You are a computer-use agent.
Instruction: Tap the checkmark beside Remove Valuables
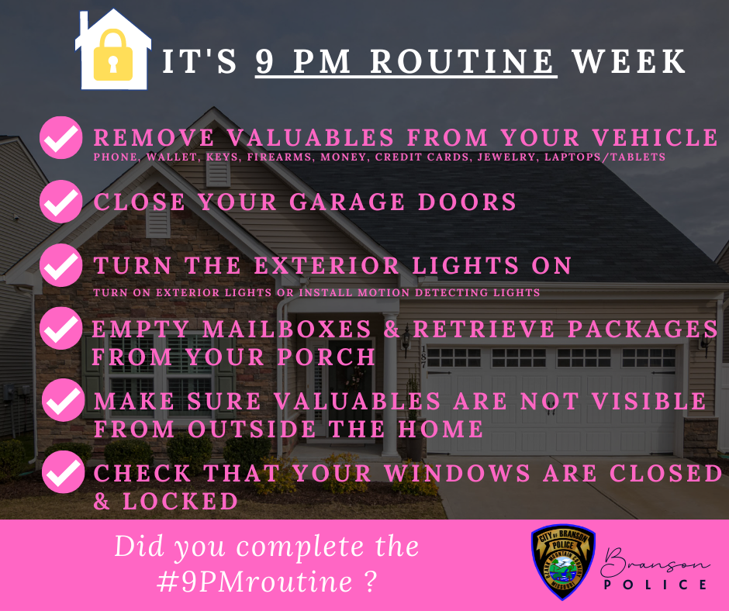[60, 139]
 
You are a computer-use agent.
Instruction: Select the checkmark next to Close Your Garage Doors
[60, 202]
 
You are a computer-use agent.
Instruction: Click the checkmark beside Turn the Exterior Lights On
[60, 265]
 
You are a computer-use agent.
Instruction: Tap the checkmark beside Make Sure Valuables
[60, 402]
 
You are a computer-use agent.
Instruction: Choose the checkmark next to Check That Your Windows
[60, 473]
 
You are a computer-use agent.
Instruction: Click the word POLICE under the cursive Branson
[655, 584]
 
